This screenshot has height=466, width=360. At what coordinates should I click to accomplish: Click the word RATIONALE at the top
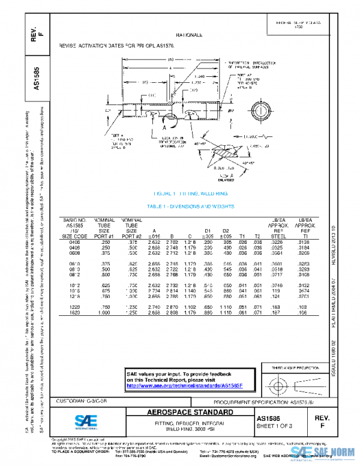click(x=190, y=35)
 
